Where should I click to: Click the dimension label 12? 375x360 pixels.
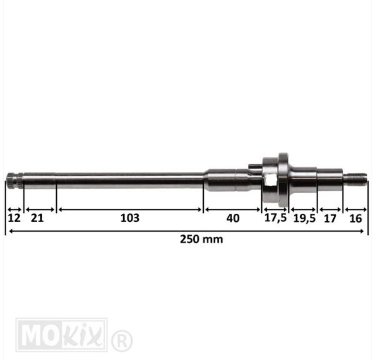click(x=14, y=218)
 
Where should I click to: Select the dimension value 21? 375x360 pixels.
click(x=37, y=218)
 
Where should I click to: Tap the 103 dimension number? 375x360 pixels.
click(x=130, y=218)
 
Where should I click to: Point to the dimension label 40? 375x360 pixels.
click(x=232, y=218)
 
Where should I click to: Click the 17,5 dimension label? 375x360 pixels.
click(x=275, y=218)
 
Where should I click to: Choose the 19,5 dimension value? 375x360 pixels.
click(x=304, y=218)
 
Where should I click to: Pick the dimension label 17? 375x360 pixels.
click(x=330, y=219)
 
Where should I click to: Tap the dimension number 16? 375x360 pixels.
click(x=356, y=218)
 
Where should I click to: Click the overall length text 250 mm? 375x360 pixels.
click(x=201, y=239)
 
